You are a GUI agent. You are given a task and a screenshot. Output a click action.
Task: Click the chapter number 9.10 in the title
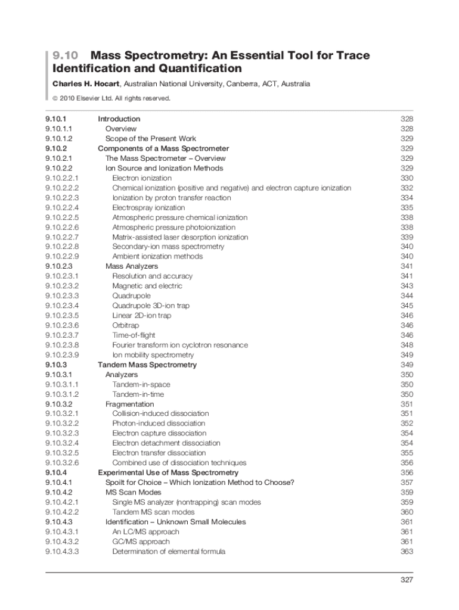tap(65, 55)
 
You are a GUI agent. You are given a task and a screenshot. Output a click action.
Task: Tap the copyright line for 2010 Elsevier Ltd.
tap(111, 98)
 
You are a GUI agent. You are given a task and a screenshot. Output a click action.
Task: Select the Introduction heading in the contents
tap(119, 119)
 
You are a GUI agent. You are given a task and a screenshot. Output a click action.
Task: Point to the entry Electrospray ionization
tap(148, 208)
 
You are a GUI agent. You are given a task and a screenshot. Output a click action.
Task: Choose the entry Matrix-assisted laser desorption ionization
tap(180, 237)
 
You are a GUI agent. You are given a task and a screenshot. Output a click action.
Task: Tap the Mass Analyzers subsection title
tap(132, 266)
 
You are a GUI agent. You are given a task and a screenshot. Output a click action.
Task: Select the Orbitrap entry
tap(125, 325)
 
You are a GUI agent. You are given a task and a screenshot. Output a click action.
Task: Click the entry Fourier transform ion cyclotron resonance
tap(180, 345)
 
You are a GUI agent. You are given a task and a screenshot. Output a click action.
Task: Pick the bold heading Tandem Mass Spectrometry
tap(147, 365)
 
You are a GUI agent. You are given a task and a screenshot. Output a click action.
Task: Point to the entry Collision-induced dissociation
tap(160, 413)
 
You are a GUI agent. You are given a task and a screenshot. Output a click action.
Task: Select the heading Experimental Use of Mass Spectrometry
tap(160, 472)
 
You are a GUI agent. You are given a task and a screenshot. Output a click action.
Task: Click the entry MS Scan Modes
tap(133, 493)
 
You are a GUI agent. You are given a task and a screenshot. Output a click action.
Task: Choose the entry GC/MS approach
tap(141, 541)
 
